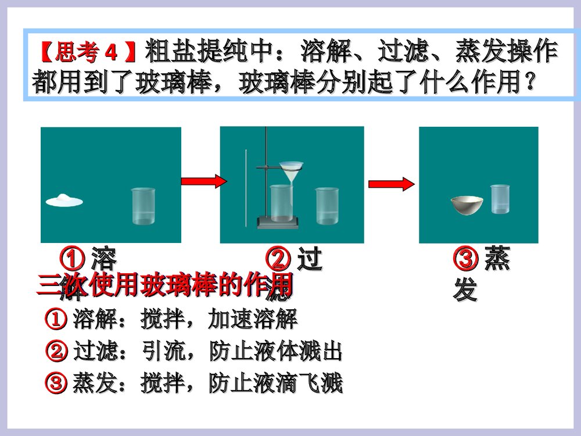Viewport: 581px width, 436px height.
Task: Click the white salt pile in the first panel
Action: (64, 200)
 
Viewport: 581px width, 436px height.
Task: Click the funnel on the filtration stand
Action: (291, 171)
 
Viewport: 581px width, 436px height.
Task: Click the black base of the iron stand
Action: (278, 221)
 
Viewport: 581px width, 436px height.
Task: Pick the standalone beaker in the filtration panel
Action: (327, 205)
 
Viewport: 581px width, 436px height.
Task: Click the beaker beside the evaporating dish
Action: (500, 199)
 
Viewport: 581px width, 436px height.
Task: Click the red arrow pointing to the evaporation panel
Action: (392, 184)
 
